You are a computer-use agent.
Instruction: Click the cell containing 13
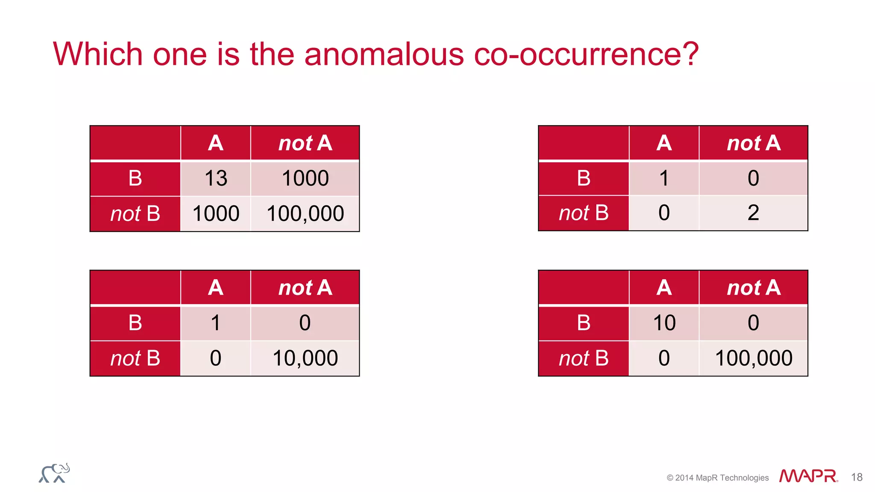(x=216, y=178)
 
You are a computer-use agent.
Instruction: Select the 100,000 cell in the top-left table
(x=305, y=214)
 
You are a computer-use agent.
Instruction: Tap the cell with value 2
(x=753, y=213)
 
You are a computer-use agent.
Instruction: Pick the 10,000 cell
(x=305, y=358)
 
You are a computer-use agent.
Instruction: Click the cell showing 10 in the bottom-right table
(x=664, y=323)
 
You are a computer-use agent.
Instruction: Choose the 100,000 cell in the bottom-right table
(x=753, y=358)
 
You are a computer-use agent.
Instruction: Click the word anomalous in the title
(x=384, y=54)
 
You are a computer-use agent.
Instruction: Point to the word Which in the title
(x=97, y=54)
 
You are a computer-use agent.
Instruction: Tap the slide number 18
(x=857, y=477)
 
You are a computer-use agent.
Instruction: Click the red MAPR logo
(x=808, y=476)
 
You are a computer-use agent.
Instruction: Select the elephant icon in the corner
(x=54, y=473)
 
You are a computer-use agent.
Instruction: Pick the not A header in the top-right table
(x=753, y=143)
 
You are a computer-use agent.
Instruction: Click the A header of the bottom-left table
(x=216, y=287)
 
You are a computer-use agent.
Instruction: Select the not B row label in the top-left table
(x=135, y=214)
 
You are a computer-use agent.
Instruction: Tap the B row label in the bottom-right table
(x=584, y=323)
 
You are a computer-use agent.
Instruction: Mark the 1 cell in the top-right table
(x=664, y=178)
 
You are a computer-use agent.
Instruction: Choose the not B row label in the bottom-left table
(x=135, y=358)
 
